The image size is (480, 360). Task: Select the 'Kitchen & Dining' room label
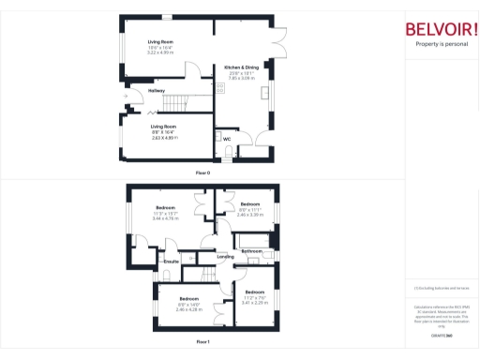point(241,67)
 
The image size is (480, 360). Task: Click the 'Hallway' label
point(142,90)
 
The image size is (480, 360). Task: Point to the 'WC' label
point(227,139)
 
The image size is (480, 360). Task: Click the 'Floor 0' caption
point(202,173)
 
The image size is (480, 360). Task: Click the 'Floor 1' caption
point(202,343)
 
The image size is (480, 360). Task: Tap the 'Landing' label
point(225,256)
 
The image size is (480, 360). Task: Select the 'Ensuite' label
point(172,261)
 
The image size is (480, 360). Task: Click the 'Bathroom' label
point(251,251)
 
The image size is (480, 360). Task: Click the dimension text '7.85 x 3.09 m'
point(241,79)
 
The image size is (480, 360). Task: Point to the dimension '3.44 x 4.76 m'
point(164,217)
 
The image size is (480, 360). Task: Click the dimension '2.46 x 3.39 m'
point(249,215)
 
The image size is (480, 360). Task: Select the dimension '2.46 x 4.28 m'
point(190,308)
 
